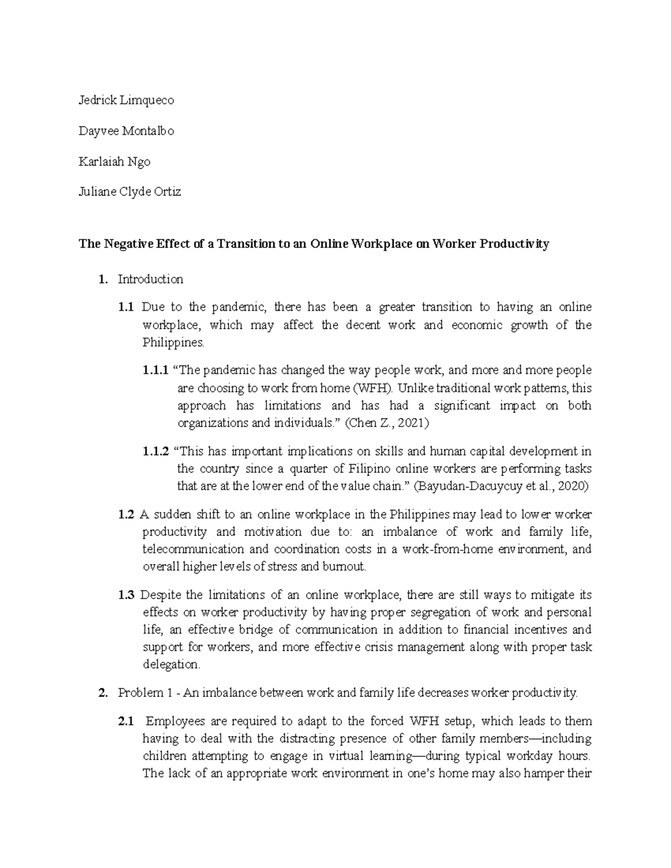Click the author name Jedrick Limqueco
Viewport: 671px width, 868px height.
point(126,101)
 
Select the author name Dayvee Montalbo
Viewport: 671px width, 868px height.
point(126,131)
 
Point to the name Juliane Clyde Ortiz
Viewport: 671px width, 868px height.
point(130,192)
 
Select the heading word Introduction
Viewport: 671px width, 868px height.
point(150,279)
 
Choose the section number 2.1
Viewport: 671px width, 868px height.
point(126,721)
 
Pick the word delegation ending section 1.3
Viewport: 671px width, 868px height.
point(170,665)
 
